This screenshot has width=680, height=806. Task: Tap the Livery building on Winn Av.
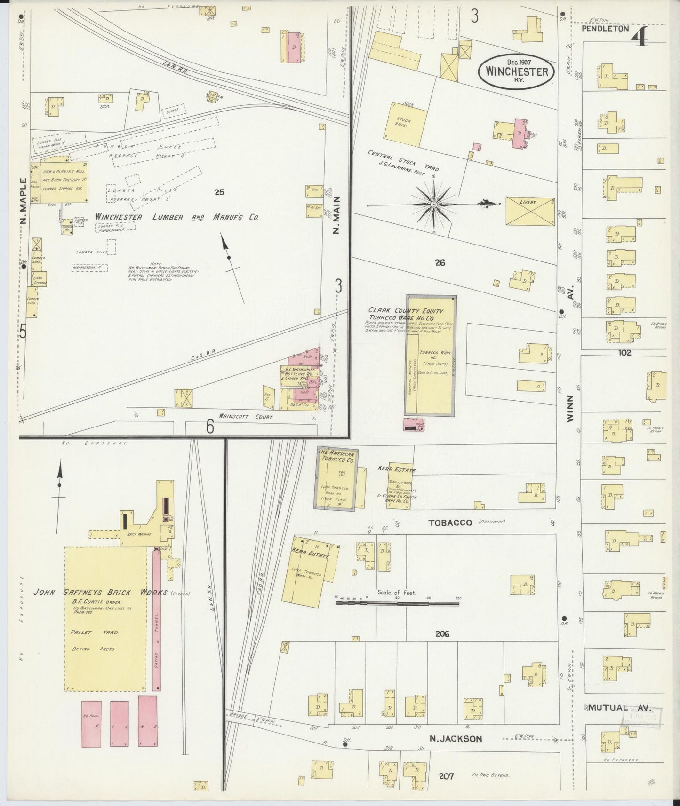[x=530, y=211]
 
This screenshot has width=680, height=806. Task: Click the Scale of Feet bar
[x=397, y=601]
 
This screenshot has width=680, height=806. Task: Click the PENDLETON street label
[x=605, y=28]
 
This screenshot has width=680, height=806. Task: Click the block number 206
[x=442, y=634]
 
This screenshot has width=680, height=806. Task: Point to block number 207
[x=446, y=776]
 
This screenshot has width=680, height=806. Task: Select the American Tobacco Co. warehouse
[x=336, y=478]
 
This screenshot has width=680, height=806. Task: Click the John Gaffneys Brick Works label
[x=100, y=593]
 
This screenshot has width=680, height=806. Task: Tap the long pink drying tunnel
[x=156, y=618]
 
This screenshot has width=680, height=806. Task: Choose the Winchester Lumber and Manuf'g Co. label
[x=176, y=217]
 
